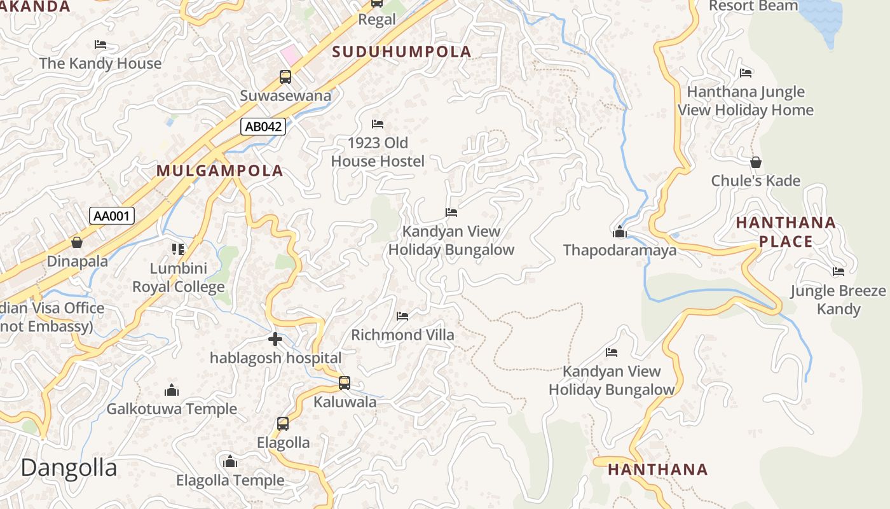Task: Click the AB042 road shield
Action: coord(263,127)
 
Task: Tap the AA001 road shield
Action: coord(112,216)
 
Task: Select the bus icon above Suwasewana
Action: coord(285,77)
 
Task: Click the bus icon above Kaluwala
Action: coord(344,383)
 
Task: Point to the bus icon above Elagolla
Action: coord(283,423)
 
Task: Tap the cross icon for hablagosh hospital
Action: coord(275,339)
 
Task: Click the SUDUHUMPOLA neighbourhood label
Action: coord(402,52)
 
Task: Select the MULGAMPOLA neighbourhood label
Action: coord(220,171)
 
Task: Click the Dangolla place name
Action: coord(69,468)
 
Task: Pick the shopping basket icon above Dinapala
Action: coord(77,242)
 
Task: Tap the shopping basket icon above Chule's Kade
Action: coord(755,162)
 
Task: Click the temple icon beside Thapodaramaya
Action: coord(619,232)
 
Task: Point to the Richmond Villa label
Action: coord(402,335)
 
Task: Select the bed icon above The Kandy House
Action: coord(100,45)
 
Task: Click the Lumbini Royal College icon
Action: coord(178,249)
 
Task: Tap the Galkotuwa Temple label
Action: coord(172,409)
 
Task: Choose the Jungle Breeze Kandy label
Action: coord(838,300)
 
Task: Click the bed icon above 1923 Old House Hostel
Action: coord(378,123)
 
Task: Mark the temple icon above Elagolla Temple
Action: coord(230,461)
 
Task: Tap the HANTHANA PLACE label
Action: coord(786,232)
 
